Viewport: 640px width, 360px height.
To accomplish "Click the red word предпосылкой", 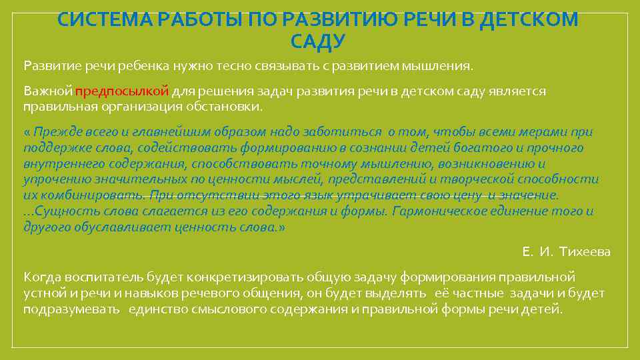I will click(123, 92).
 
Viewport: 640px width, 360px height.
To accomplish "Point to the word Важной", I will click(47, 92).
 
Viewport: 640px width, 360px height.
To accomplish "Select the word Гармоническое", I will click(446, 211).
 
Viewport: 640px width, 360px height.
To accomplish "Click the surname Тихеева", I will click(585, 251).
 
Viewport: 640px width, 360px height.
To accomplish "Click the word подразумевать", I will click(71, 310).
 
